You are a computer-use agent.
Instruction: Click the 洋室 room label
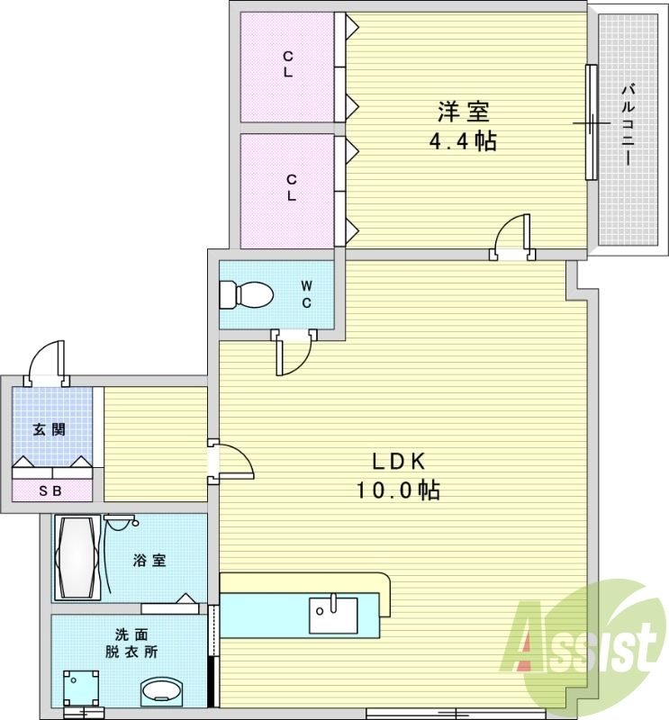463,112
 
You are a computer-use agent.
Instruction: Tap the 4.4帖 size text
463,141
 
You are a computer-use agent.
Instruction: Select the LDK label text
399,462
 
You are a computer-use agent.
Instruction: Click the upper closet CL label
288,65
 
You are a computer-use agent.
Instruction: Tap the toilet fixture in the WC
246,293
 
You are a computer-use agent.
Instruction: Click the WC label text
306,294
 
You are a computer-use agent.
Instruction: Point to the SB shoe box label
50,491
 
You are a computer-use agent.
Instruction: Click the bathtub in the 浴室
76,557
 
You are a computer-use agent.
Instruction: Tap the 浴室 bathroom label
149,560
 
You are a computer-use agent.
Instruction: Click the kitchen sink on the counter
333,615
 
